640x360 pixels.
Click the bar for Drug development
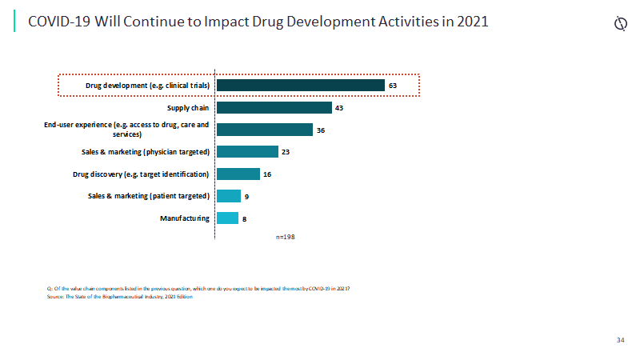pyautogui.click(x=300, y=86)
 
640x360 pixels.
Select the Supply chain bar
pyautogui.click(x=274, y=108)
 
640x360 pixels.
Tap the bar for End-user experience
pyautogui.click(x=264, y=130)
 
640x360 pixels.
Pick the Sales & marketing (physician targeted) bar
pyautogui.click(x=247, y=152)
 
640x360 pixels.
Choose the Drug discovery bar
pyautogui.click(x=238, y=174)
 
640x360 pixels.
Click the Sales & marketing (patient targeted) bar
pyautogui.click(x=228, y=196)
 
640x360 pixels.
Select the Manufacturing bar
pyautogui.click(x=227, y=218)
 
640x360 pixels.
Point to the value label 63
pyautogui.click(x=393, y=86)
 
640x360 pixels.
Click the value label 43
pyautogui.click(x=339, y=108)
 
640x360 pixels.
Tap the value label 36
pyautogui.click(x=320, y=130)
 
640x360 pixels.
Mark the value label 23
pyautogui.click(x=286, y=152)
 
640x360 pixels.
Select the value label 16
pyautogui.click(x=267, y=174)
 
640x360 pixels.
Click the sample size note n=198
pyautogui.click(x=286, y=237)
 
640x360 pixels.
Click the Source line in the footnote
pyautogui.click(x=120, y=296)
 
